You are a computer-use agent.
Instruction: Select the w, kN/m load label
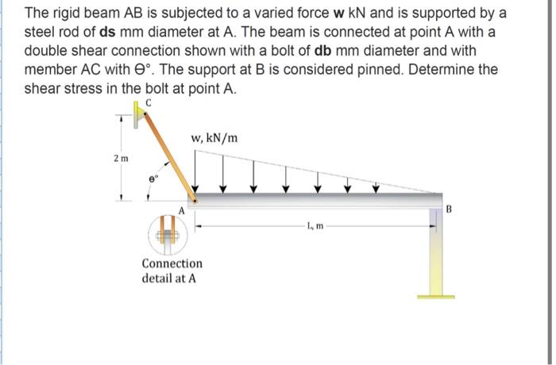tap(214, 140)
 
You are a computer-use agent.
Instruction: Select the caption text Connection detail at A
tap(172, 271)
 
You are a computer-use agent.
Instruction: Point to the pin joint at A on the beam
tap(194, 202)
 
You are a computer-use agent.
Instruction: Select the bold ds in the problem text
tap(110, 33)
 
